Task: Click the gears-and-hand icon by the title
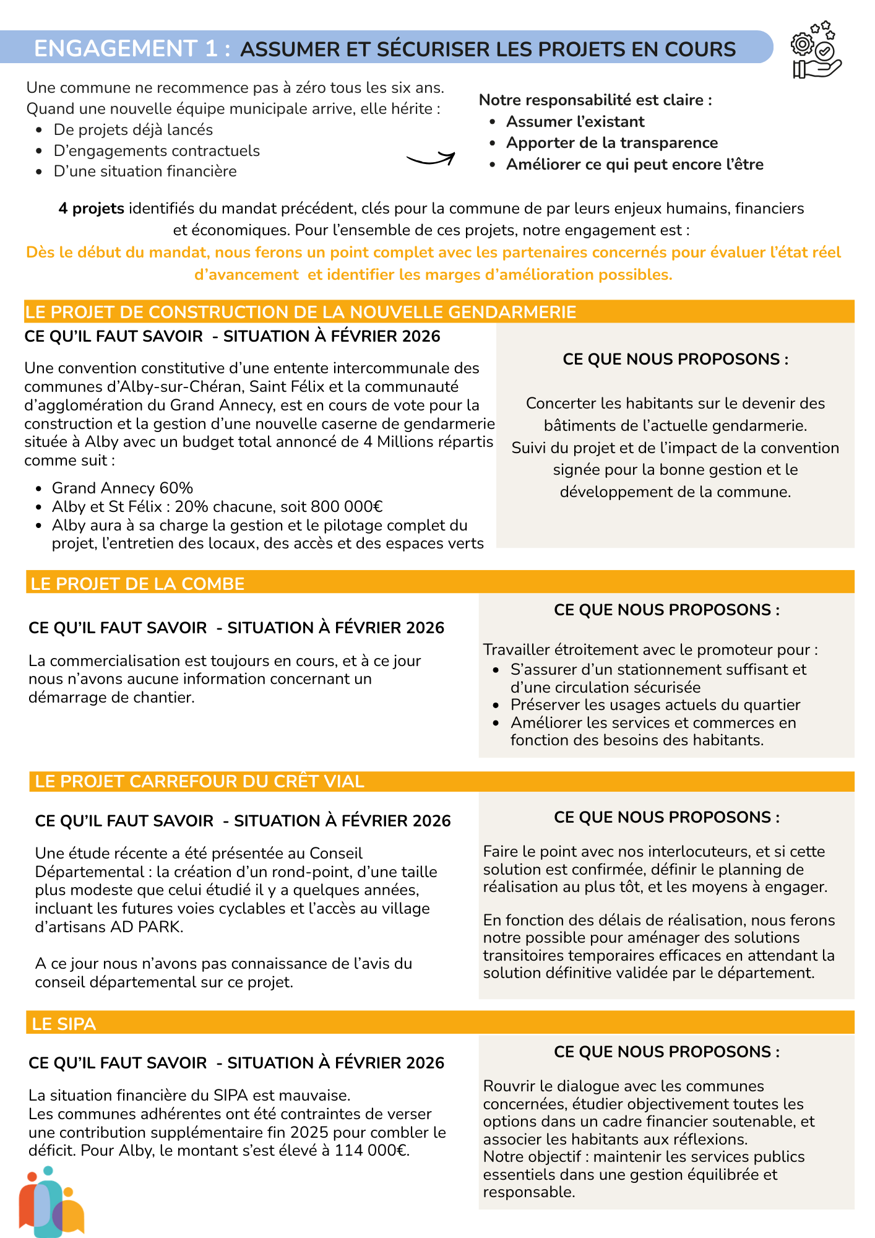[x=816, y=50]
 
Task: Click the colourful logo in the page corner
[x=51, y=1201]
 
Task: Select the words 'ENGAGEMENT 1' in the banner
[x=126, y=48]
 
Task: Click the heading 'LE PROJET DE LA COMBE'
[x=137, y=584]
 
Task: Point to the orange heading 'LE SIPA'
[x=64, y=1024]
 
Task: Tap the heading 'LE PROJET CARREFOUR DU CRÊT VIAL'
[x=199, y=781]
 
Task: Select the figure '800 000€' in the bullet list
[x=347, y=507]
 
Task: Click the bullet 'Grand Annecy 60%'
[x=123, y=488]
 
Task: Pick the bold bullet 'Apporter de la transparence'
[x=611, y=143]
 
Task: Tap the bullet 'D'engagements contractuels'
[x=157, y=151]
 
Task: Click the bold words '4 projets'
[x=91, y=209]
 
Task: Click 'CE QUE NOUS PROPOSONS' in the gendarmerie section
[x=675, y=360]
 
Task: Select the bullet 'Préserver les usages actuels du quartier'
[x=655, y=705]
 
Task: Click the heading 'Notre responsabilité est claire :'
[x=595, y=100]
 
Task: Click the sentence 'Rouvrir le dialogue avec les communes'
[x=623, y=1086]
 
